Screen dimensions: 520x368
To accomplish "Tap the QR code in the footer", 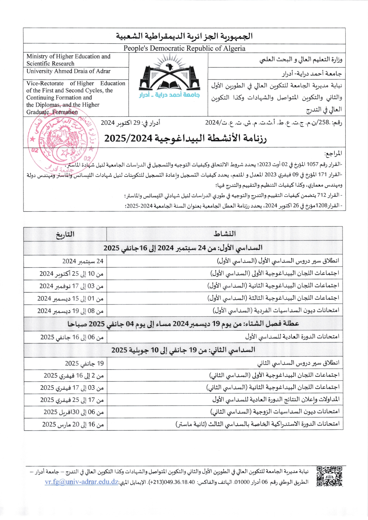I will pos(329,476).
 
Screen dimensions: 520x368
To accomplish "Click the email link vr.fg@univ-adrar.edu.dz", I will pos(82,482).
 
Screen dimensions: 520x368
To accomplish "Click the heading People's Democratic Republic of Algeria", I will pos(184,48).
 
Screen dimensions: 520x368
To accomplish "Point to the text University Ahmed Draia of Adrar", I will pos(68,71).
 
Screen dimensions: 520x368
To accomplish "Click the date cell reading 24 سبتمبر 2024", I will pos(83,261).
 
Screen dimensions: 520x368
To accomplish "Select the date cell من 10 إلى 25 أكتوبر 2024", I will pos(71,274).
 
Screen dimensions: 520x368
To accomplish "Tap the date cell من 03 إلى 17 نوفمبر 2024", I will pos(71,286).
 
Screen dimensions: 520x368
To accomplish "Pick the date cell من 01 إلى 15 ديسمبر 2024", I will pos(70,299).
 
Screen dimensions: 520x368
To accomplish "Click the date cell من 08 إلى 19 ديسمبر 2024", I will pos(70,311).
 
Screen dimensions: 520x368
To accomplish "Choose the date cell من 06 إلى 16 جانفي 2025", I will pos(72,337).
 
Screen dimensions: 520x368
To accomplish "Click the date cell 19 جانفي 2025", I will pos(84,363).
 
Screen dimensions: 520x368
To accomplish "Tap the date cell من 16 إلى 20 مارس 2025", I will pos(73,425).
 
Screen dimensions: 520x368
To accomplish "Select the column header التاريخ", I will pos(65,234).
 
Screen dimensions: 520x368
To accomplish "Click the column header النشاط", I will pos(224,234).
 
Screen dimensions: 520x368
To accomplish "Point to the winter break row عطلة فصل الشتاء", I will pos(183,324).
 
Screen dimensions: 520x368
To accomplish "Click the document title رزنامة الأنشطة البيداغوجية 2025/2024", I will pos(185,138).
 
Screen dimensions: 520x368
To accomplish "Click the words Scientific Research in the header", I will pos(50,63).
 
